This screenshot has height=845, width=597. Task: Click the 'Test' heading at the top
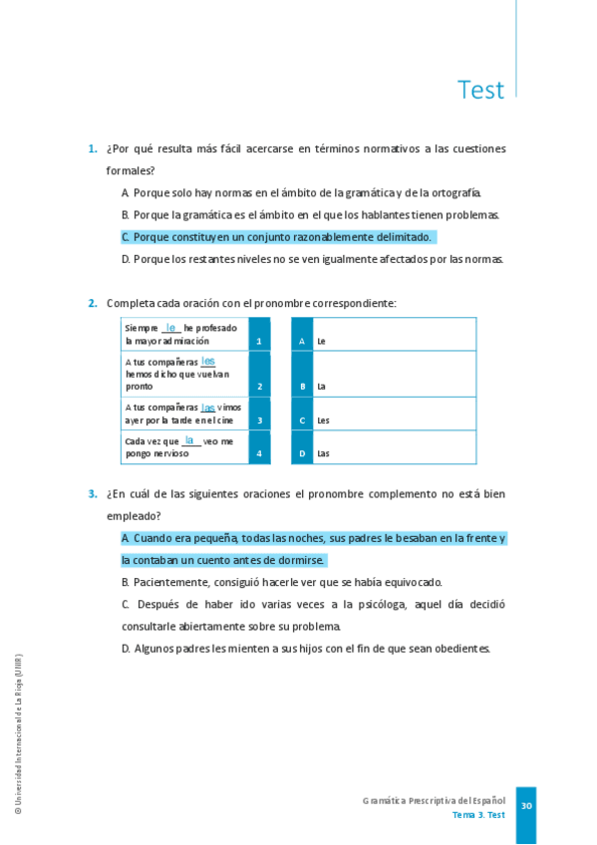coord(480,90)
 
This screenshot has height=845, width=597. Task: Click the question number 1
coord(92,149)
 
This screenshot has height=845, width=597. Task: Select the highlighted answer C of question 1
coord(277,237)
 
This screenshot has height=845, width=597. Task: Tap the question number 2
coord(92,303)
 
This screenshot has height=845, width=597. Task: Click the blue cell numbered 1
coord(259,335)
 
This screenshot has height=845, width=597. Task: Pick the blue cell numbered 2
coord(259,374)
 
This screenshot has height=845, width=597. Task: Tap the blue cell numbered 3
coord(259,414)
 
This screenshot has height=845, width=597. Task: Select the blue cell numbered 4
coord(259,447)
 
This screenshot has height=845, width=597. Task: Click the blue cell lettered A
coord(302,335)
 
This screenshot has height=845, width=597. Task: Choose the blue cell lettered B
coord(302,374)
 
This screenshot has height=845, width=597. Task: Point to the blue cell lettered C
coord(302,414)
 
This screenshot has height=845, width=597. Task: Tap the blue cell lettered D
coord(302,447)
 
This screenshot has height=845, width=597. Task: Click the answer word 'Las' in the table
coord(323,454)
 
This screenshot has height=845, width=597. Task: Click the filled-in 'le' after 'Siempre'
coord(171,327)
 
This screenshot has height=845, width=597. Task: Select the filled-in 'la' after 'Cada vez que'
coord(189,439)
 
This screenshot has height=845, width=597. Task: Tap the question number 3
coord(92,493)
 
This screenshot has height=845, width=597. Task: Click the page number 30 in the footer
coord(526,805)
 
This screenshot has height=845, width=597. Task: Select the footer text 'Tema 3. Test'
coord(478,815)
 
